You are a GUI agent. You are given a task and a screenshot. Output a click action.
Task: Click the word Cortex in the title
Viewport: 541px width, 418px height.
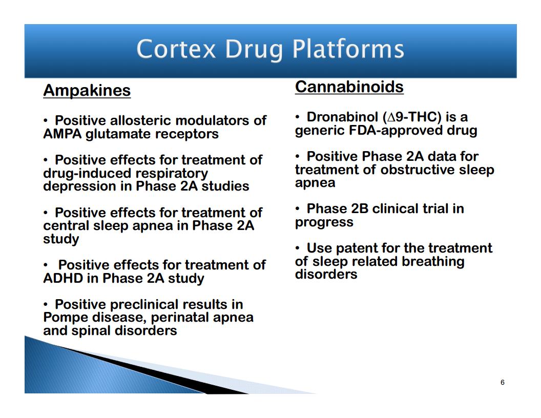tap(176, 49)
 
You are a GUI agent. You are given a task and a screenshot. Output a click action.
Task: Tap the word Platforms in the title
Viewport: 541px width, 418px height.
tap(348, 49)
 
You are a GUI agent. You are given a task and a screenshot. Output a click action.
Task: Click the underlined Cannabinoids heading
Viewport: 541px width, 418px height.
tap(349, 87)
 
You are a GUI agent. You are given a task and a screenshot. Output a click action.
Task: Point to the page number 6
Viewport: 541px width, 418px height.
tap(503, 382)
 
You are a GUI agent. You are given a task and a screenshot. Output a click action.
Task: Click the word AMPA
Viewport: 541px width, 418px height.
tap(63, 134)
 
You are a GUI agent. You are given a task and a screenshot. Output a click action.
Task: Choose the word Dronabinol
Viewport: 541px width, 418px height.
tap(342, 117)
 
